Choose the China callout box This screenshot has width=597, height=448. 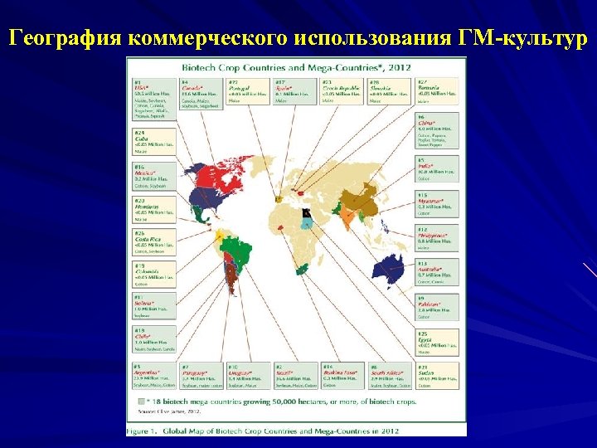pos(437,131)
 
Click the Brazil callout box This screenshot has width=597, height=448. pos(295,376)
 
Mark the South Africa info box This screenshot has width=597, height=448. pos(390,376)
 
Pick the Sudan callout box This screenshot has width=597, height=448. pos(437,376)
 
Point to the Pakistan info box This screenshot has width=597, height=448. pos(437,307)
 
